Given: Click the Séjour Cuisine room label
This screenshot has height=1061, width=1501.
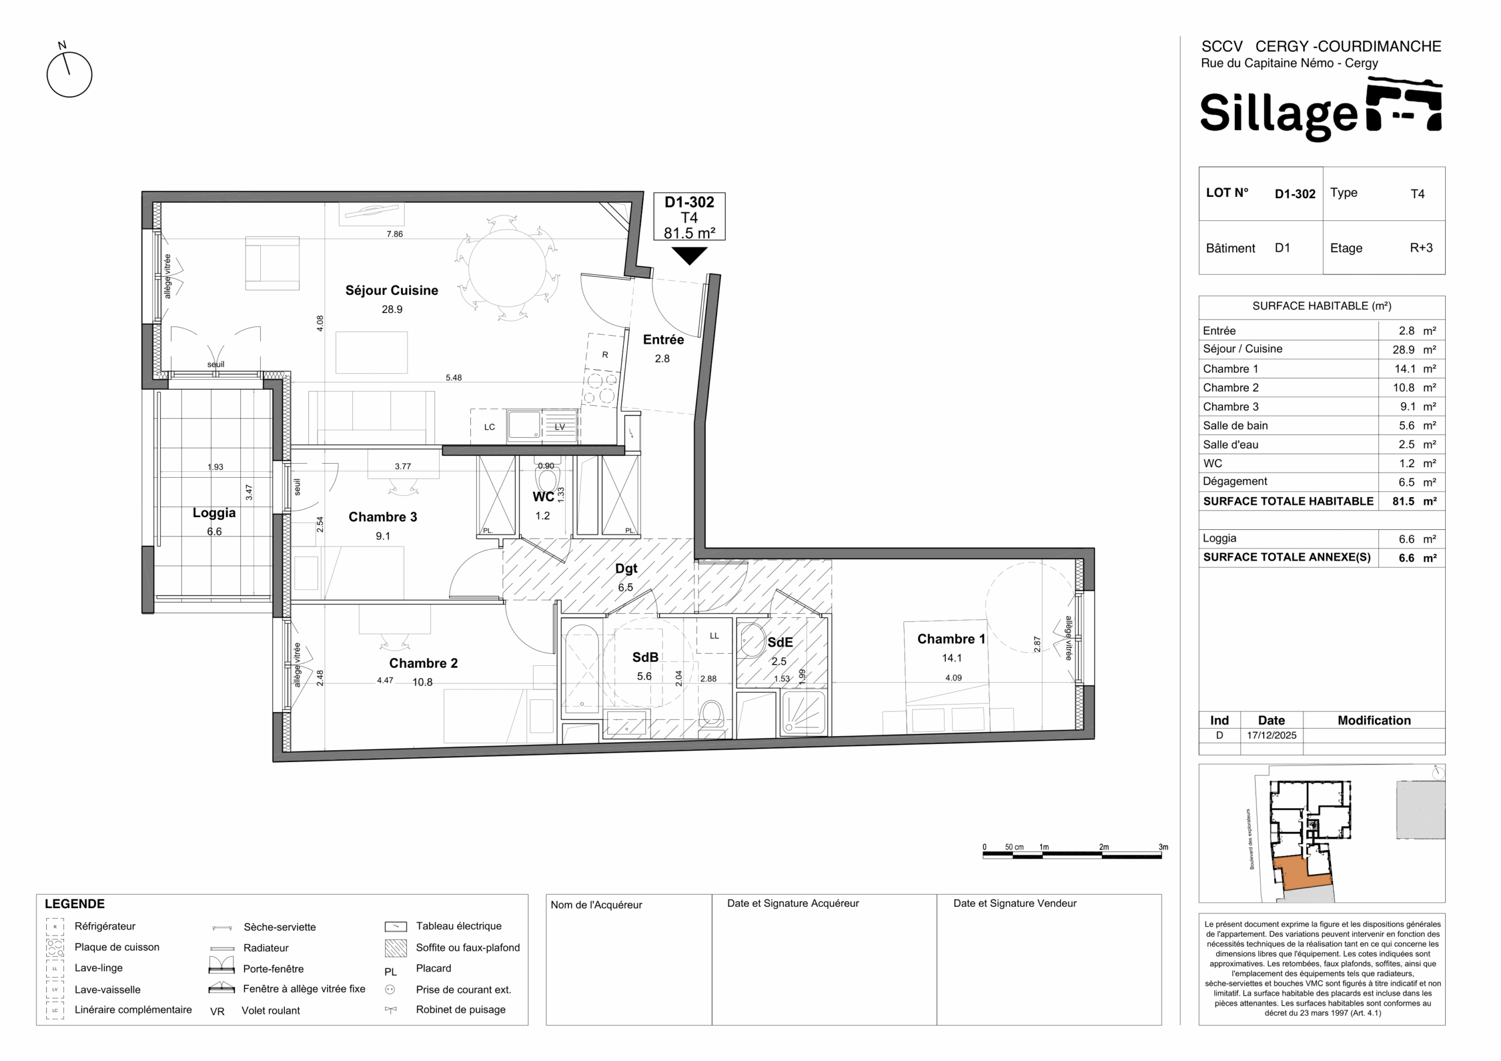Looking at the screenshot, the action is [392, 291].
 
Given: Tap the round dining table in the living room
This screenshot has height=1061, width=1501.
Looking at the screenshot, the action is [507, 268].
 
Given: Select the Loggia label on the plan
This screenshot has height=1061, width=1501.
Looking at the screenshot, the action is [214, 513].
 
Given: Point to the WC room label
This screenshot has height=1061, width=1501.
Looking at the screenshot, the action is [544, 497].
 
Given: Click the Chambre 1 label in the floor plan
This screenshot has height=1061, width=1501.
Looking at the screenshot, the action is [950, 640].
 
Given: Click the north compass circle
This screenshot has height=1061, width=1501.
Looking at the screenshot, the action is [69, 74].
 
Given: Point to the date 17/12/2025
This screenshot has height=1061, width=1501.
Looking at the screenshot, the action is [1272, 735].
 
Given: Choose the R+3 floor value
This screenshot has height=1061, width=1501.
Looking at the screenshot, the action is [1421, 248].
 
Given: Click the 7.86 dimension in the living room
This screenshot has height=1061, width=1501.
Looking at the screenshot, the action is [394, 234].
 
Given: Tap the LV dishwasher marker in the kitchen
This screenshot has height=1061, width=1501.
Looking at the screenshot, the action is [559, 427].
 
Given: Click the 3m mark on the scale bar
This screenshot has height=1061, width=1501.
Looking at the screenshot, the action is [1163, 847].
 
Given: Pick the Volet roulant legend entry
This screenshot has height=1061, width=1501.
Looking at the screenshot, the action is [271, 1011].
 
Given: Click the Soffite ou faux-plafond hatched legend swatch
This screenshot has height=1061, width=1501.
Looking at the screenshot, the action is [396, 948].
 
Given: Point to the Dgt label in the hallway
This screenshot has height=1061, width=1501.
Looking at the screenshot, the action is [626, 569].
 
